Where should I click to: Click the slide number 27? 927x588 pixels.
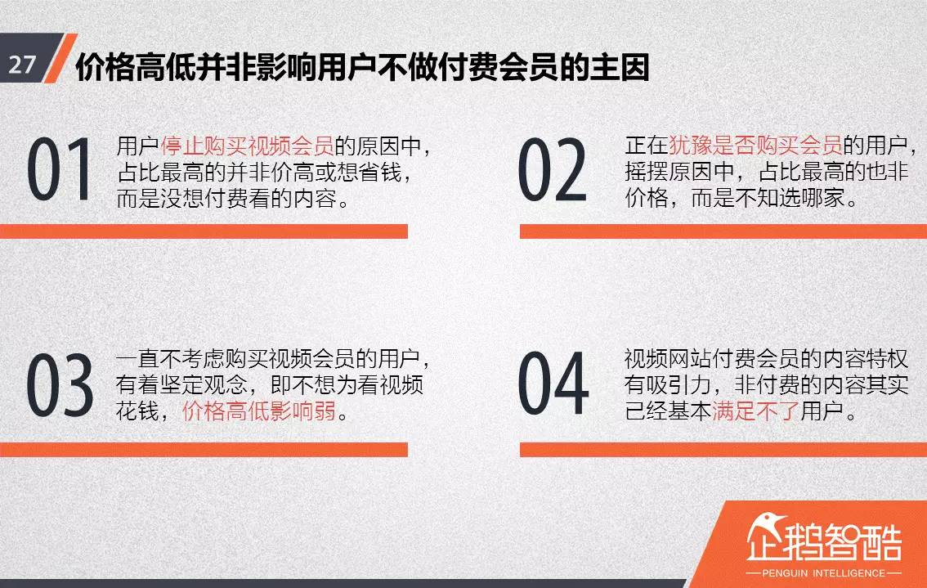[22, 65]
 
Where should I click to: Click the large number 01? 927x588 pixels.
[59, 171]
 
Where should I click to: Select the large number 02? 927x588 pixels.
[553, 171]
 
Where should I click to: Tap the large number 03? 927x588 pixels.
[59, 384]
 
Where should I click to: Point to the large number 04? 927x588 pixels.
[553, 384]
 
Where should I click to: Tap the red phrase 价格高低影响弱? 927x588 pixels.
[259, 411]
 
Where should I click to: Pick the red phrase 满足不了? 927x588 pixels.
[755, 411]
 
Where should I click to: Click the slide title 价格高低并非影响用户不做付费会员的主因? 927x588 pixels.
[362, 68]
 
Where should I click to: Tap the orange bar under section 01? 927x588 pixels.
[204, 231]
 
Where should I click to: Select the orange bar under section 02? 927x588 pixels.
[723, 231]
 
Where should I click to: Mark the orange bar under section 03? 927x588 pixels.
[204, 449]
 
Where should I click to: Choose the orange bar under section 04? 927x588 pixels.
[723, 449]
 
